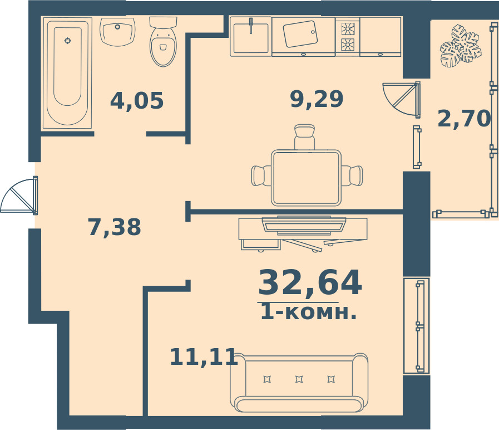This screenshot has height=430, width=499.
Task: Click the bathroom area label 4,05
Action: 137,101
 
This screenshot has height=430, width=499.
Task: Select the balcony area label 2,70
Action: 465,118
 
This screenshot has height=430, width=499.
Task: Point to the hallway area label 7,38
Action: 114,227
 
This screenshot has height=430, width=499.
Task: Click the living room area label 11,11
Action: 204,356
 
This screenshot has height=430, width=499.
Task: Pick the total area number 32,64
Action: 310,283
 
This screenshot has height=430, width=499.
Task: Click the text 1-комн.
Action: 308,312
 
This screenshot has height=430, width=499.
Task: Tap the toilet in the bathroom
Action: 163,41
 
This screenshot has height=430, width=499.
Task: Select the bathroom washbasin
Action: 118,32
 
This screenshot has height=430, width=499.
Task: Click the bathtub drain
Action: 67,41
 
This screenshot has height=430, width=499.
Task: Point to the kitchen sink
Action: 251,37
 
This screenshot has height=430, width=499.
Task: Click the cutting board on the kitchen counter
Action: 300,34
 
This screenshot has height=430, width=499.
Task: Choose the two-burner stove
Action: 348,37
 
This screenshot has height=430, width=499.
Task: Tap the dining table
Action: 306,178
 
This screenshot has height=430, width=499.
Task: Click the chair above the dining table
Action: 304,137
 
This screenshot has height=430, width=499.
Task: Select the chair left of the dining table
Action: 261,175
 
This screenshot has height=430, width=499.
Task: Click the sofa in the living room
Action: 299,383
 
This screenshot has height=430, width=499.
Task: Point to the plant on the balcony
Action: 461,46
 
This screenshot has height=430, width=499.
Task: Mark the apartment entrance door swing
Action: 19,196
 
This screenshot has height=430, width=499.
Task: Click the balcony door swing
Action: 401,99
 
